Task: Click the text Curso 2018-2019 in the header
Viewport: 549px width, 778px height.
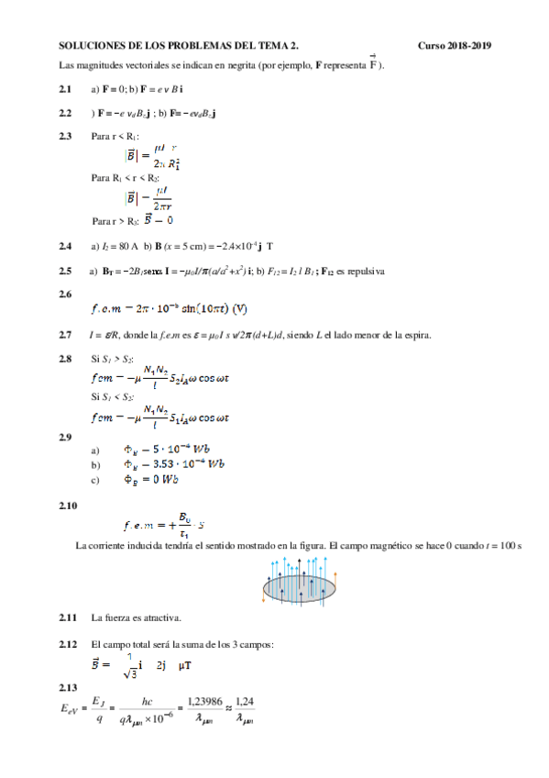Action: (455, 45)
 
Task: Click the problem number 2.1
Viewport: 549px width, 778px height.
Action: (64, 89)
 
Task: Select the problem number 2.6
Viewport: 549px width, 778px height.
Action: (65, 294)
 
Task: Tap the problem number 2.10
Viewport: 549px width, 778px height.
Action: (67, 506)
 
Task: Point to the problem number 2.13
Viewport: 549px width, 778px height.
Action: (67, 686)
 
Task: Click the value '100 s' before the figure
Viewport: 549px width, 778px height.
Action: (509, 546)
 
